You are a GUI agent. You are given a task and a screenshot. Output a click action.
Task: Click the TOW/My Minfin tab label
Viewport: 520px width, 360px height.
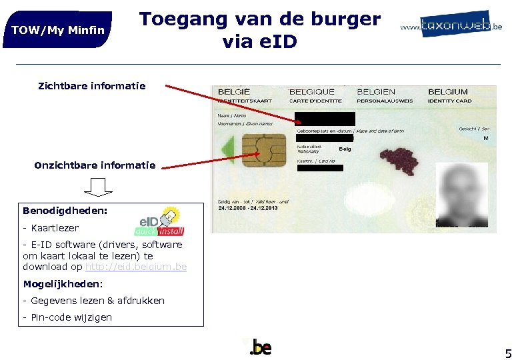(x=58, y=30)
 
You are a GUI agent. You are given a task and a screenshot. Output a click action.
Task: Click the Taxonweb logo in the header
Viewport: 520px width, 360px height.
(x=451, y=25)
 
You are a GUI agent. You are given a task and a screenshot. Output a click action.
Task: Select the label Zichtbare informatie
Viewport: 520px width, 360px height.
(x=92, y=85)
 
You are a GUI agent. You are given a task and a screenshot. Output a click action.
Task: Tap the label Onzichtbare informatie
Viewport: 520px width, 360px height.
(x=95, y=165)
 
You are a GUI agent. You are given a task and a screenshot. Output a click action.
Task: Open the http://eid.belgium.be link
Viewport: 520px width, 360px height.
(x=136, y=267)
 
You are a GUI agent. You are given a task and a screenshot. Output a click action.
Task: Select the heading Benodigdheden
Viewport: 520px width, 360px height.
(x=65, y=211)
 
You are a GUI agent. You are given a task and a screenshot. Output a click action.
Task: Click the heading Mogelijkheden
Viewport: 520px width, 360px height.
(x=63, y=284)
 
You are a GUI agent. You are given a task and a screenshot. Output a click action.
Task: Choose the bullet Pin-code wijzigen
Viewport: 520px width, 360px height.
(x=67, y=317)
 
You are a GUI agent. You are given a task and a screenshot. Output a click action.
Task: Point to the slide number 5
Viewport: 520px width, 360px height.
(x=508, y=353)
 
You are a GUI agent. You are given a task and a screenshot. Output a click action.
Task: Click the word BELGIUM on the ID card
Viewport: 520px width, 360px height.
(x=448, y=92)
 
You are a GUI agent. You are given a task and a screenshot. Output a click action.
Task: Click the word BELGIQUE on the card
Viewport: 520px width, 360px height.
(x=312, y=92)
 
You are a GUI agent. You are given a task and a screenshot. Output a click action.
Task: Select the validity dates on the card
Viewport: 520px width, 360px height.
(x=249, y=208)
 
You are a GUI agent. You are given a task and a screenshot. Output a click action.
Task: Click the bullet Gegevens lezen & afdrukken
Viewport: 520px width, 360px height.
(x=93, y=301)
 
